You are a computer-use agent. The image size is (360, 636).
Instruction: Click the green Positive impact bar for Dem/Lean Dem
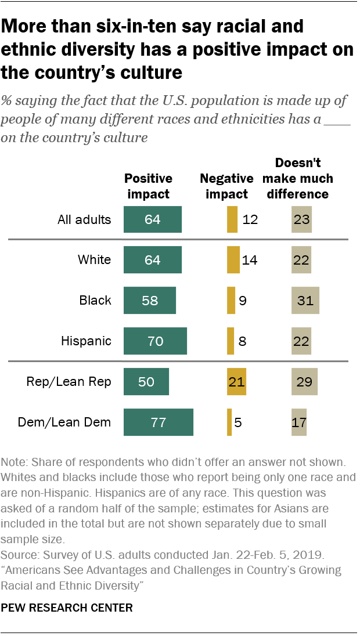click(x=159, y=422)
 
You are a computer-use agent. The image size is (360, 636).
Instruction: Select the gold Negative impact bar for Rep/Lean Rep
click(x=237, y=382)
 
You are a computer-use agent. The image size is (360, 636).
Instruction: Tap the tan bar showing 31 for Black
click(x=305, y=301)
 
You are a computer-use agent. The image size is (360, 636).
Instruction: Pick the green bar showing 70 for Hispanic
click(x=155, y=341)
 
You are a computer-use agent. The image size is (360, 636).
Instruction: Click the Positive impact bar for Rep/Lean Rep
click(x=146, y=382)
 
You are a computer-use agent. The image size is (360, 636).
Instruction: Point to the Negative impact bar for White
click(x=233, y=260)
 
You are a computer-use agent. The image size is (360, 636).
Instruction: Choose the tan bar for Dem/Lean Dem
click(x=299, y=422)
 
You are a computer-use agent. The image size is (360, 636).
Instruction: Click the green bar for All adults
click(x=153, y=220)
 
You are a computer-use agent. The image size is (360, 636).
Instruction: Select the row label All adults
click(x=84, y=220)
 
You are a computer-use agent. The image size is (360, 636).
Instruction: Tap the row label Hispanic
click(x=86, y=341)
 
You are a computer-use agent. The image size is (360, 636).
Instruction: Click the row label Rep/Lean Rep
click(x=69, y=382)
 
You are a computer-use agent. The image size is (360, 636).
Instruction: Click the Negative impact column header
click(x=226, y=186)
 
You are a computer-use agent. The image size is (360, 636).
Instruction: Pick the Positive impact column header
click(x=148, y=186)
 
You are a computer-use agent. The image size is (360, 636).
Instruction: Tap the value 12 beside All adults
click(x=250, y=220)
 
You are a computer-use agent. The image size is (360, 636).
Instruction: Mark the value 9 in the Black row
click(x=243, y=301)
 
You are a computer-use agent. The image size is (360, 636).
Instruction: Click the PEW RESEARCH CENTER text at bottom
click(x=67, y=608)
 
